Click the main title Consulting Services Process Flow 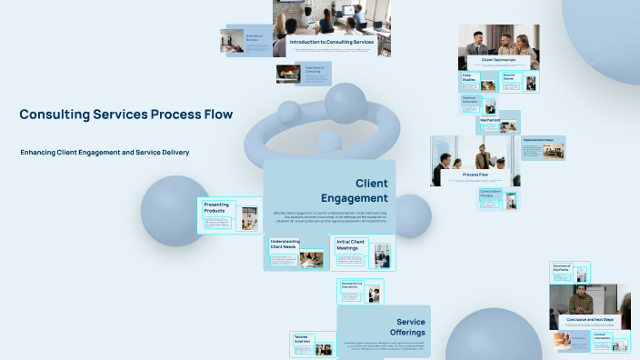tap(126, 115)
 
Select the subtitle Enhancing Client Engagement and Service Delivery tap(105, 152)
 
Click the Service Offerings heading tap(411, 326)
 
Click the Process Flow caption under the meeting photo tap(475, 173)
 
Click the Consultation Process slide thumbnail tap(492, 199)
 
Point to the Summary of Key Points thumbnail tap(569, 272)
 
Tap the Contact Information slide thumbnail tap(610, 342)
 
